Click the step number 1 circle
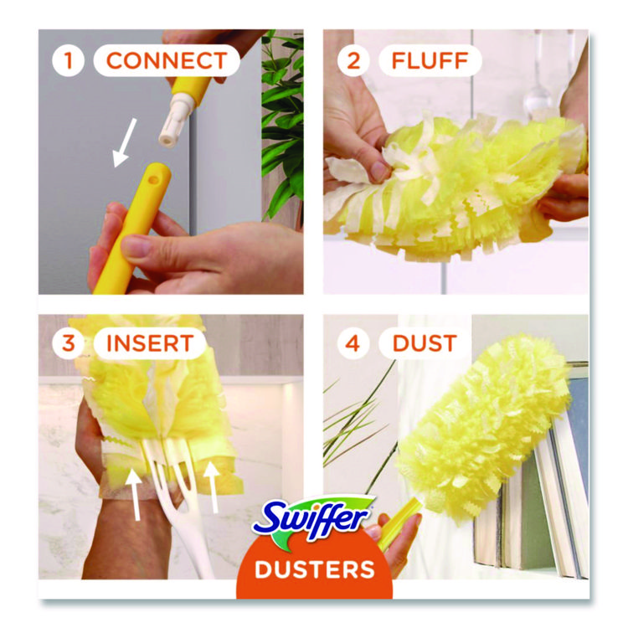[68, 60]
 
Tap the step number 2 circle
[353, 60]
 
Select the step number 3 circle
[68, 343]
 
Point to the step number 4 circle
[353, 343]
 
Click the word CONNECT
[167, 60]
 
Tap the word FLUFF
[430, 60]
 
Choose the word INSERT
[150, 343]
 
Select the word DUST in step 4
[425, 343]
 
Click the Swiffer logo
[313, 519]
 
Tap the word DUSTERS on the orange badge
[314, 569]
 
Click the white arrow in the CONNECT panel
[124, 142]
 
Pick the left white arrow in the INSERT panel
[135, 495]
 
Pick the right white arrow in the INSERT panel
[212, 486]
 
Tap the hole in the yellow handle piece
[153, 180]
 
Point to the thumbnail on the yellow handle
[136, 245]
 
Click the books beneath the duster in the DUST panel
[533, 508]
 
